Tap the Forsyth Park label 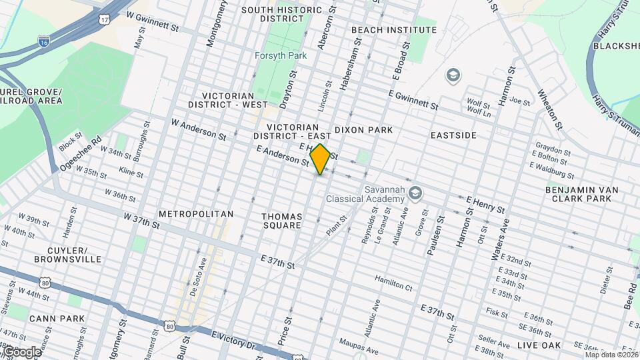tap(281, 55)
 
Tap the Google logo tap(21, 352)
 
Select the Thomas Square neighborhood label tap(281, 222)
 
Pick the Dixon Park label tap(363, 129)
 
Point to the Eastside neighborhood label tap(453, 135)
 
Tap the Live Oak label tap(539, 345)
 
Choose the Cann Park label tap(57, 319)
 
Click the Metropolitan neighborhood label tap(196, 214)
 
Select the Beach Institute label tap(393, 30)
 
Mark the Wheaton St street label tap(551, 109)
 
